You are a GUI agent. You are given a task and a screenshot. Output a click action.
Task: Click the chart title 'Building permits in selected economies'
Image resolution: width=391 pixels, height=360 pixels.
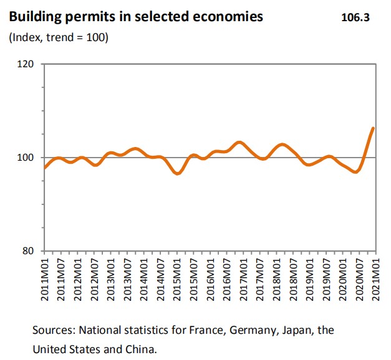135,17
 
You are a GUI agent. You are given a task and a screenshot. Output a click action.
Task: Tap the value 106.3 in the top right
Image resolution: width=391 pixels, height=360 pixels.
355,17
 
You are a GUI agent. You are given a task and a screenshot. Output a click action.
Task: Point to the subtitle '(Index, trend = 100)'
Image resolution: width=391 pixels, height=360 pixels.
59,38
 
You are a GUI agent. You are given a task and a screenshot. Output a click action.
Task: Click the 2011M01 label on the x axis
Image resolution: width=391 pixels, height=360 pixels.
46,278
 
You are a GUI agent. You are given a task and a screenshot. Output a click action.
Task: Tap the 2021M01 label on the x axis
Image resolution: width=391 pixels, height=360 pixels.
375,278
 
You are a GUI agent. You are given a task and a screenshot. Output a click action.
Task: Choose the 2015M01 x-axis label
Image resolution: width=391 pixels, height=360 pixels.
177,278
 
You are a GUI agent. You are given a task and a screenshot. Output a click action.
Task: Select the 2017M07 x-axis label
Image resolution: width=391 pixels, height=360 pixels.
260,278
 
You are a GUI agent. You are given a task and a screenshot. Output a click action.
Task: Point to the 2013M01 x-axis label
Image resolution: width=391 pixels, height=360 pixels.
112,278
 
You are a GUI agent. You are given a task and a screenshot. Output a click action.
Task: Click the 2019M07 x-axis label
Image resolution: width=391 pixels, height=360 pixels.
326,278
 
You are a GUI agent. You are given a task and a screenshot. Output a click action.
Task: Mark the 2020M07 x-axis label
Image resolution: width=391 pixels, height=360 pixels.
359,278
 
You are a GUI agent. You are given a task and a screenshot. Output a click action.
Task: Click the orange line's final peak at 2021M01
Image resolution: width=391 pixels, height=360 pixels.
373,128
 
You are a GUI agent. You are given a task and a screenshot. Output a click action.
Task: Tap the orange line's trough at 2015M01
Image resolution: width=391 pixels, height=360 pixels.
177,173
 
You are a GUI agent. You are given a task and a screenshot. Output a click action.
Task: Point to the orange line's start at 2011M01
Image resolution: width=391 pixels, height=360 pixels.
45,168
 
